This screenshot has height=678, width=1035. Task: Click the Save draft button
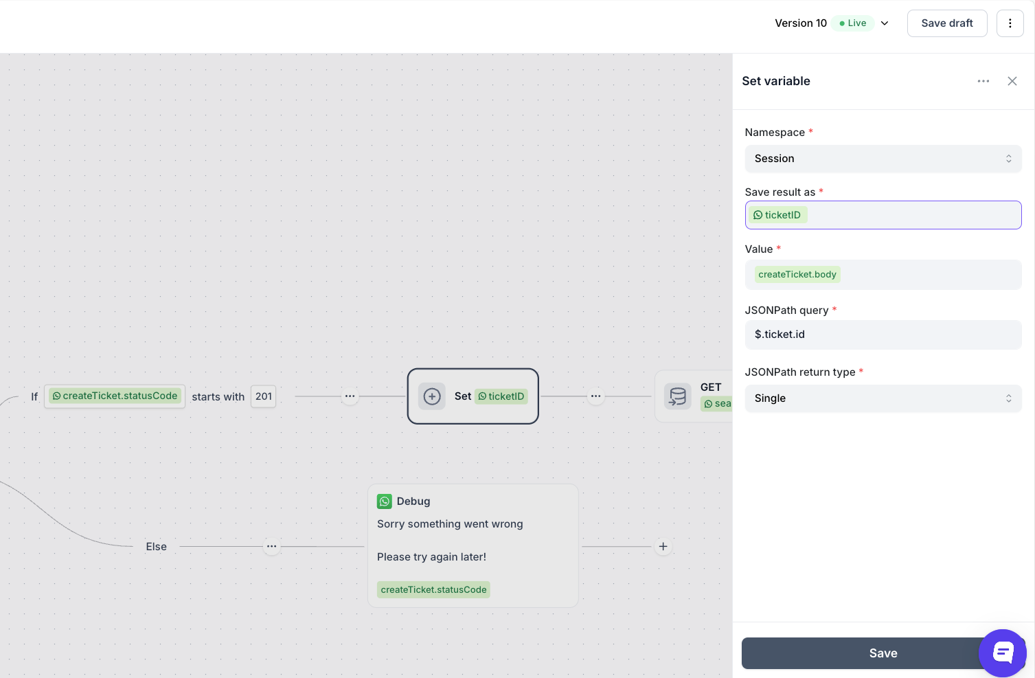(947, 23)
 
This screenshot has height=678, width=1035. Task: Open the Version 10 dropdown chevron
(885, 23)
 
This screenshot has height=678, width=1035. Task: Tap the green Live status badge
(852, 23)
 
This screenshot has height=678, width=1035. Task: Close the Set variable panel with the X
(1012, 81)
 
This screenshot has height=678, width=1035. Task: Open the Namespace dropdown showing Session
(883, 159)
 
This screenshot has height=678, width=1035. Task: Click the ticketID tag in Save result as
(777, 215)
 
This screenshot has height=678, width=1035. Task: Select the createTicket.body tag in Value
(797, 275)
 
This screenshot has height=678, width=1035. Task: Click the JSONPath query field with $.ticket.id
(883, 335)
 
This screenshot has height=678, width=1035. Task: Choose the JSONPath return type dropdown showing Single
(883, 398)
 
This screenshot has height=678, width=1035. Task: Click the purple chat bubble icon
(1002, 653)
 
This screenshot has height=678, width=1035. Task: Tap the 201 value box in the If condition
(263, 396)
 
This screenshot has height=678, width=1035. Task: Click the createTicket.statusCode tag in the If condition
(115, 396)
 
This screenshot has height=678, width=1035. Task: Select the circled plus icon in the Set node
(431, 396)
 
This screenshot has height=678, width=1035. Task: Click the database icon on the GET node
(677, 396)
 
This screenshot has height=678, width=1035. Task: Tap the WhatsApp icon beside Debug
(385, 501)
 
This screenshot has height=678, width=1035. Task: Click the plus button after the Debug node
(663, 547)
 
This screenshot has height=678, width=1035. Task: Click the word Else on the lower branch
(156, 547)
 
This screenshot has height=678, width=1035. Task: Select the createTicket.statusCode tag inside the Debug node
(433, 589)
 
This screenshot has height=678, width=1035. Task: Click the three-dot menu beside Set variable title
(983, 81)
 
